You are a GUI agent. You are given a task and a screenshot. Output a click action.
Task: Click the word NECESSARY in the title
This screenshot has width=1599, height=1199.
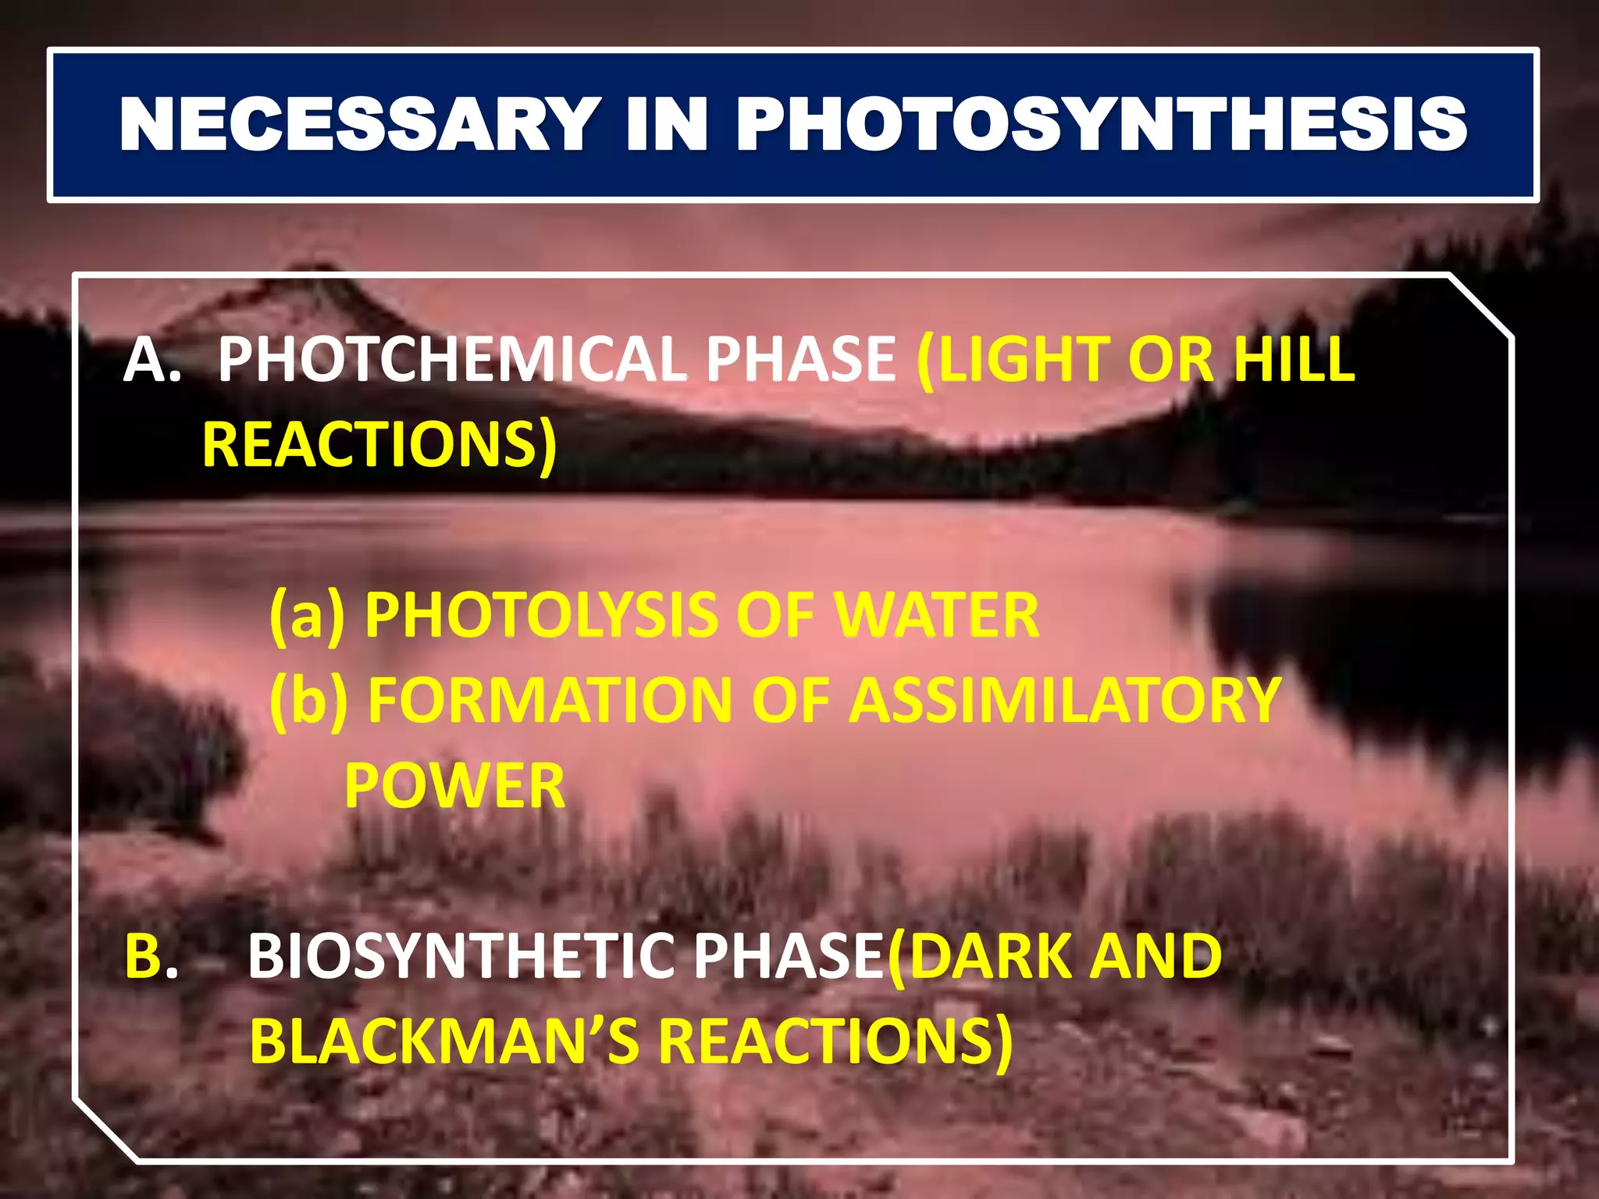click(x=360, y=125)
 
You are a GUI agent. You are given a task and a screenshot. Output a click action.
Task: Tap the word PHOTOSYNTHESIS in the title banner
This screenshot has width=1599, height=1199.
click(x=1102, y=125)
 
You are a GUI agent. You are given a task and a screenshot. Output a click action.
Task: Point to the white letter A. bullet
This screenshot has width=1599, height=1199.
click(x=151, y=360)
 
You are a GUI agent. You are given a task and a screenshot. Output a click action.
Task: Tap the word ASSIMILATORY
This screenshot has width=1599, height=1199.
click(x=1065, y=700)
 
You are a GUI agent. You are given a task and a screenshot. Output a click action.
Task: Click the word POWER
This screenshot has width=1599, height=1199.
click(x=454, y=786)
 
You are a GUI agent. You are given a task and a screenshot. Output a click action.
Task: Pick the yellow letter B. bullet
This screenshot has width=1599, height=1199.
click(x=151, y=956)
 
